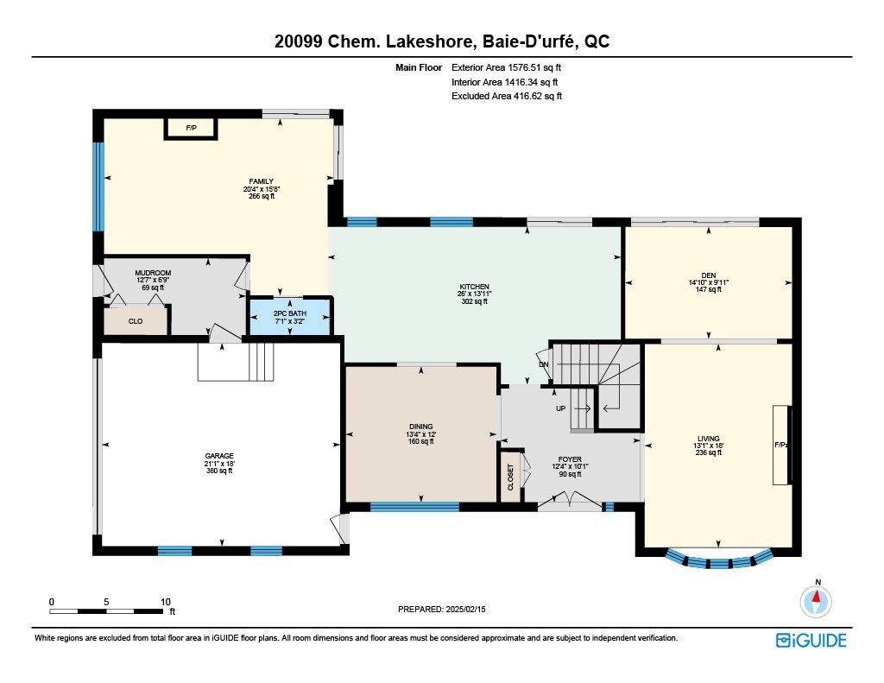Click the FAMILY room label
pos(261,181)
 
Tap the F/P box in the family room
pos(191,129)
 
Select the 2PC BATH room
pos(290,317)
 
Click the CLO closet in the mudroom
pos(136,321)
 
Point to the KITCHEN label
pos(474,287)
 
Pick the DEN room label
pos(709,275)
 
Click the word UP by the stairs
pos(560,408)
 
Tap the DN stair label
pos(544,364)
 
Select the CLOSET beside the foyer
pos(511,477)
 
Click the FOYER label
pos(570,459)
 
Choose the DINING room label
pos(421,427)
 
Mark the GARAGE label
pos(219,456)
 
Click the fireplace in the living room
pos(781,445)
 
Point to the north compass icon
pos(816,602)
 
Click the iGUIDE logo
pos(811,640)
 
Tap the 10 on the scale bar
pos(165,602)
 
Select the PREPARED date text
pos(441,609)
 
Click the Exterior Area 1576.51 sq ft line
pos(506,67)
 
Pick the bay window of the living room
pos(718,560)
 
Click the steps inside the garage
pos(236,362)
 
